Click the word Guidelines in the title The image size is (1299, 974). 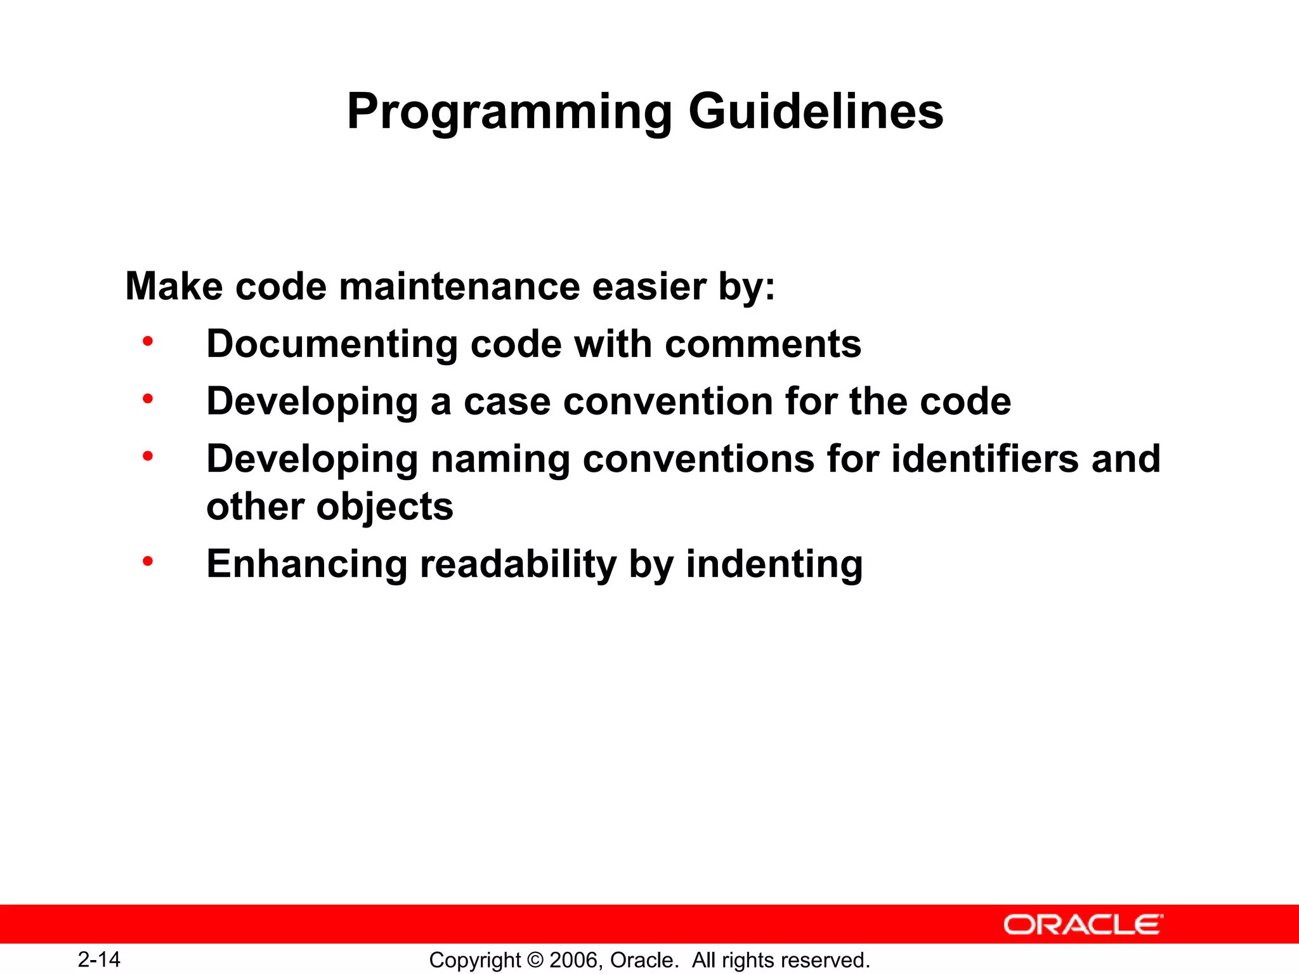pos(816,112)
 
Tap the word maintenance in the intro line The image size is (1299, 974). pos(459,287)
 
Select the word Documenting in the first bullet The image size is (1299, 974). pos(332,344)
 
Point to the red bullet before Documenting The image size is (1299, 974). pos(148,342)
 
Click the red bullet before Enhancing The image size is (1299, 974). pos(148,561)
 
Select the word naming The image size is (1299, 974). pos(500,460)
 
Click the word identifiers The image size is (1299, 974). pos(984,458)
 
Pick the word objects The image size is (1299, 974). pos(384,507)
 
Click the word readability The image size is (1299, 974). pos(518,564)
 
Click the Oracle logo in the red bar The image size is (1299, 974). pos(1083,925)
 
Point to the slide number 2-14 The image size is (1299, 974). pos(99,959)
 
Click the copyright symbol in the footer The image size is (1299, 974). pos(535,960)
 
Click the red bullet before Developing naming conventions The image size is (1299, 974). pos(148,456)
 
